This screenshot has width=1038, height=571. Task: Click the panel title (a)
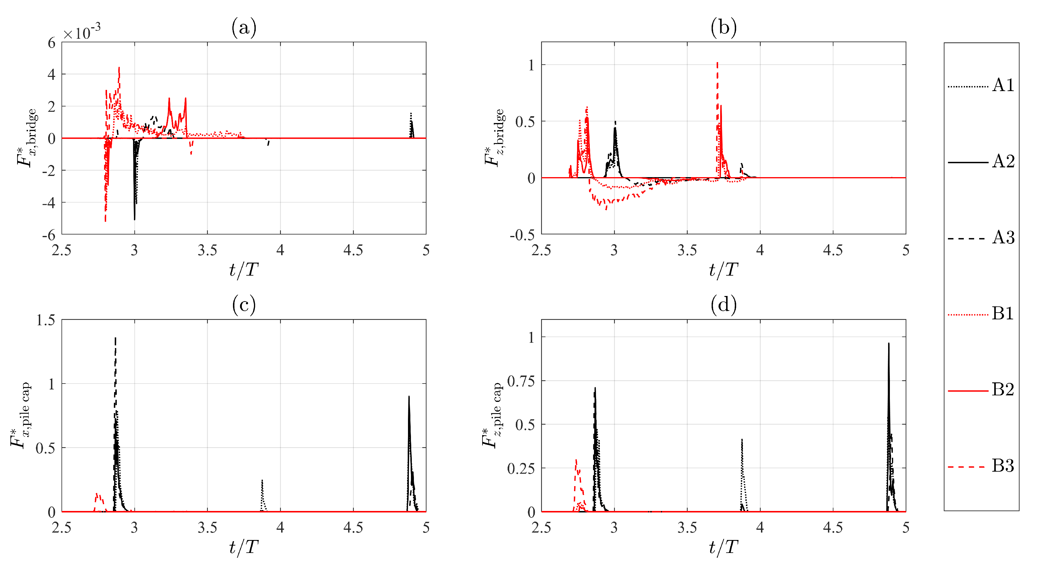(244, 28)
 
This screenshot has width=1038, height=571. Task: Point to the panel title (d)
(724, 305)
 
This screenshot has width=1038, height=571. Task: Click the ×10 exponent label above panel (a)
(82, 32)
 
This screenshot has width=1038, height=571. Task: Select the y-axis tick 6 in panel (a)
(51, 43)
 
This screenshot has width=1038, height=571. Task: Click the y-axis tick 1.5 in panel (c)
(46, 320)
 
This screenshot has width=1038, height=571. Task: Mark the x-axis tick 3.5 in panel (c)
(207, 528)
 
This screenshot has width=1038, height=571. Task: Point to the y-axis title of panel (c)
(20, 415)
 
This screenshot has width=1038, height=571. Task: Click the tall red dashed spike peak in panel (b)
(717, 63)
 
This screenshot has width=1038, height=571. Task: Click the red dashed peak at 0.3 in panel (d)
(576, 460)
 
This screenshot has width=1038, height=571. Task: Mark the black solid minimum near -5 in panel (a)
(134, 219)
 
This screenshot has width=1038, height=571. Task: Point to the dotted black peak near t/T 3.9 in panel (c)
(262, 480)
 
